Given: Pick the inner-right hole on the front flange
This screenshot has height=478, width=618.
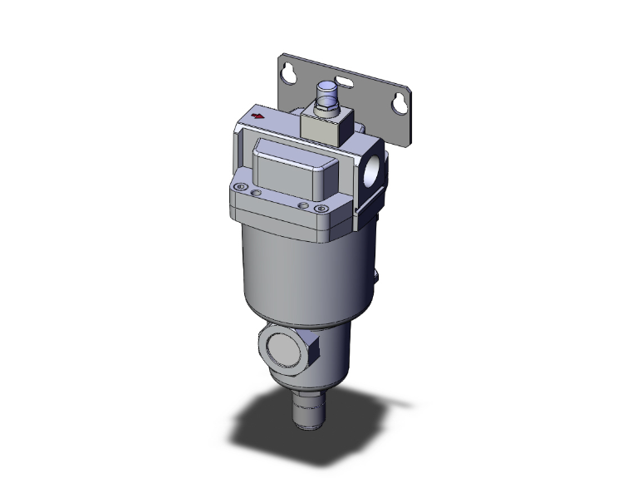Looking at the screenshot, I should (x=302, y=204).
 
